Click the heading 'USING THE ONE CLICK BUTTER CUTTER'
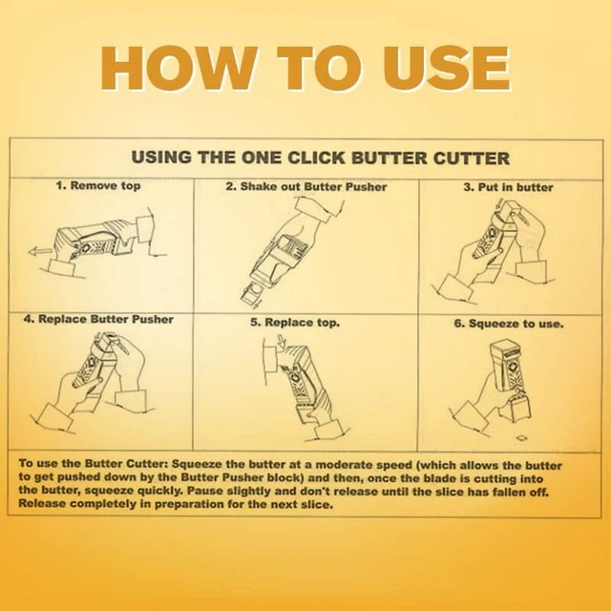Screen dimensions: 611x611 tap(319, 158)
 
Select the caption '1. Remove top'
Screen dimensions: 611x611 tap(98, 185)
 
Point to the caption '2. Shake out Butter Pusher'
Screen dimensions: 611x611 tap(305, 186)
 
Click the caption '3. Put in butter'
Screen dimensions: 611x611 tap(508, 187)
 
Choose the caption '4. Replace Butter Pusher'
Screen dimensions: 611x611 tap(98, 318)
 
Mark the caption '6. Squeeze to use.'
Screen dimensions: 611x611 tap(509, 324)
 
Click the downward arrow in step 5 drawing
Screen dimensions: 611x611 tap(268, 356)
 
